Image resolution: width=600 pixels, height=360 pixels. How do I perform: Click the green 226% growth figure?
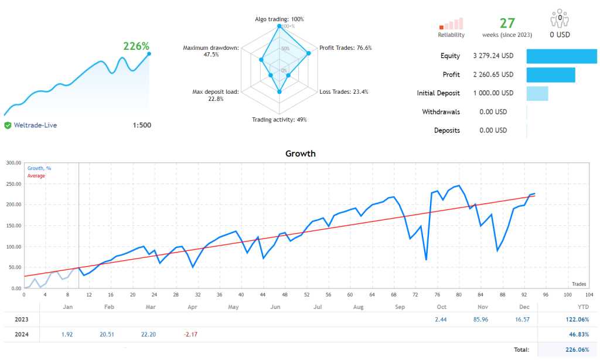pos(136,46)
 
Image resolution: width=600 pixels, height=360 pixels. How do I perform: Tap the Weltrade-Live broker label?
pos(35,125)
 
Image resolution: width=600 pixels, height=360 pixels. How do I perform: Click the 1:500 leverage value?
pos(141,125)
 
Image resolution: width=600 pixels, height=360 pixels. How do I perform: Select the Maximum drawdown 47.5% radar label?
pos(210,51)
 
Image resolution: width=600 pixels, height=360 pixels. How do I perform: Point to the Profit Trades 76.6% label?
pos(345,47)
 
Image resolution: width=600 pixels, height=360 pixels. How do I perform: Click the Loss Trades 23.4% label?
pos(344,91)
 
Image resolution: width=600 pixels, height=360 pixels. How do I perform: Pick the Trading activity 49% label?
pos(279,120)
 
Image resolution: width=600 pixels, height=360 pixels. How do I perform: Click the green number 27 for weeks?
pos(507,23)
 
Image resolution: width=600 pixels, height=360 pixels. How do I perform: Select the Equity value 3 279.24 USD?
pos(493,56)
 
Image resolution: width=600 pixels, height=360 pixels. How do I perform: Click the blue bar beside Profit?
pos(550,75)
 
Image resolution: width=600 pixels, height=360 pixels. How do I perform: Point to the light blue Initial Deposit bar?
pos(537,93)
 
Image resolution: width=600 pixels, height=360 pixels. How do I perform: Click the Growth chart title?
pos(300,154)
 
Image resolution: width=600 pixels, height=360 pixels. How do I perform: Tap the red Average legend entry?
pos(36,176)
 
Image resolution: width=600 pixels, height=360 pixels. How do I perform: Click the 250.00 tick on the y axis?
pos(13,184)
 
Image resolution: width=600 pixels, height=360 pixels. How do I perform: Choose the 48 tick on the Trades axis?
pos(285,294)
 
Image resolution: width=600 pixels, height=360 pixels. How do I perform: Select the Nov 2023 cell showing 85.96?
pos(483,320)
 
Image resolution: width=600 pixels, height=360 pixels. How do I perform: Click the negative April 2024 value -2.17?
pos(191,335)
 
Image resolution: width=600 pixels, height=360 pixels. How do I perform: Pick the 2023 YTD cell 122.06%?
pos(577,320)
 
